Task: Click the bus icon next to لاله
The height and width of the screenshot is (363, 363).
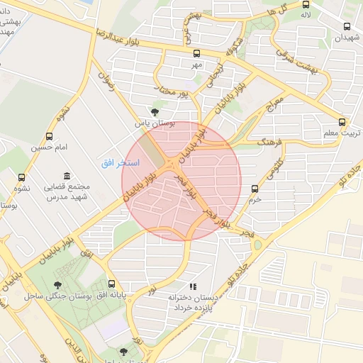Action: [306, 4]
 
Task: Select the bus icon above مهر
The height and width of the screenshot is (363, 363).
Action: [196, 53]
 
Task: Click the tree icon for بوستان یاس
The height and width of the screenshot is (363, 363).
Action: [155, 111]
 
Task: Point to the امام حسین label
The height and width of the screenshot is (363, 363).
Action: [48, 147]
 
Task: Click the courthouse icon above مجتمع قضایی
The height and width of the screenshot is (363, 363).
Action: [67, 176]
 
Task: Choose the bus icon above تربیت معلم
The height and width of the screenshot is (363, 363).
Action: [343, 122]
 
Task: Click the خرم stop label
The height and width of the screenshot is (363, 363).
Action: [255, 200]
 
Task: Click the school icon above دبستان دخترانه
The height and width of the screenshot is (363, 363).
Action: [193, 286]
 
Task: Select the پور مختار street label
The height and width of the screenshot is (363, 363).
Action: [174, 92]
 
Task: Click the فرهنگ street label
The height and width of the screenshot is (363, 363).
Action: [270, 143]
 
